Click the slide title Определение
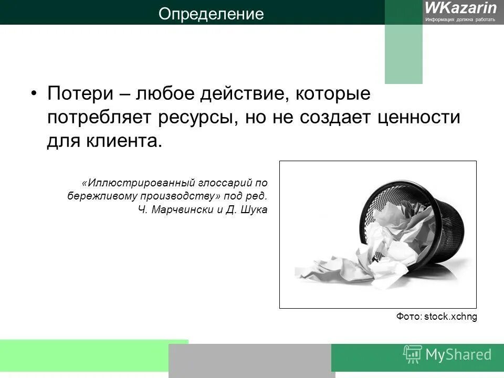[211, 14]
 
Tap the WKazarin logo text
[460, 7]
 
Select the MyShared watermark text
[459, 355]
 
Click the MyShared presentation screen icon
[413, 354]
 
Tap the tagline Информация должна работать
[460, 19]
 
